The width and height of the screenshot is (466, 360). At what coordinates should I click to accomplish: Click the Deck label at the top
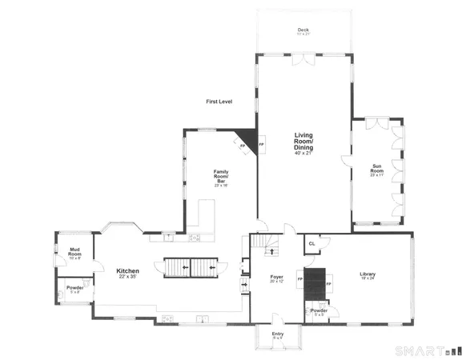pyautogui.click(x=303, y=30)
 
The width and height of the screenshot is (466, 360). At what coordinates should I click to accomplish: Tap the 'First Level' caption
pyautogui.click(x=218, y=102)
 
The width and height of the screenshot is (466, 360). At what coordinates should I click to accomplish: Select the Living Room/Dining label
pyautogui.click(x=303, y=141)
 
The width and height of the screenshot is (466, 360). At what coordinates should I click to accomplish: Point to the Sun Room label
pyautogui.click(x=376, y=168)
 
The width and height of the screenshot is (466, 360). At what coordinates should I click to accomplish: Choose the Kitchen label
pyautogui.click(x=128, y=271)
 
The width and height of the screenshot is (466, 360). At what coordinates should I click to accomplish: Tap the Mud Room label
pyautogui.click(x=76, y=252)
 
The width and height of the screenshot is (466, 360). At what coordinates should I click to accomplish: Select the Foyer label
pyautogui.click(x=277, y=277)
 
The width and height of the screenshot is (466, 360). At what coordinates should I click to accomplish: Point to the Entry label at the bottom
pyautogui.click(x=277, y=334)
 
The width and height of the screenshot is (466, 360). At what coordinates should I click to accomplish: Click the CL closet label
pyautogui.click(x=311, y=245)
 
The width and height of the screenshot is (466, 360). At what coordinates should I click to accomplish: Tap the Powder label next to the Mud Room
pyautogui.click(x=75, y=288)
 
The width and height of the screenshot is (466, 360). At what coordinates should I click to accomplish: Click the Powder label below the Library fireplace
pyautogui.click(x=319, y=311)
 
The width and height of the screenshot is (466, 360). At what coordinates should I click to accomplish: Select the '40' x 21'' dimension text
pyautogui.click(x=303, y=153)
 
